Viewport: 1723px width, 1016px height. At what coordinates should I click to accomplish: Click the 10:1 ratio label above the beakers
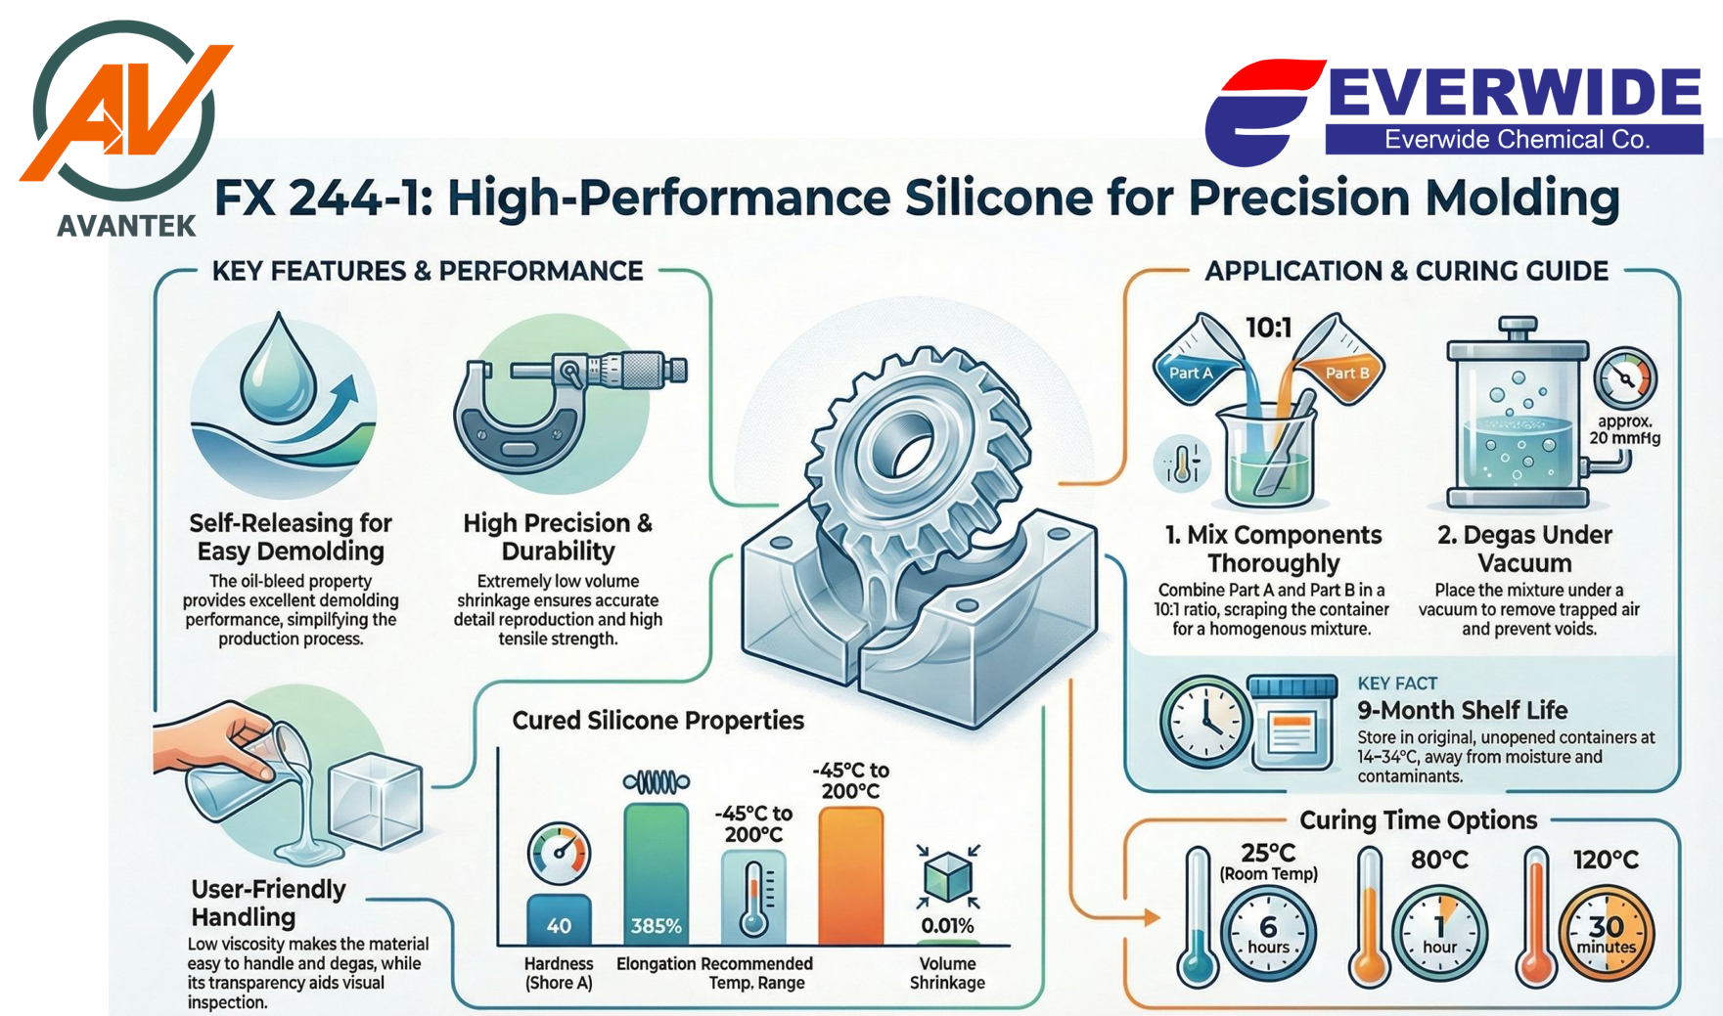coord(1268,328)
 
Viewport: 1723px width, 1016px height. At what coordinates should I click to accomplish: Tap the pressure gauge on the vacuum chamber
coord(1625,377)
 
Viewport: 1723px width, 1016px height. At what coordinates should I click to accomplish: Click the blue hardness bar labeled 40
coord(559,920)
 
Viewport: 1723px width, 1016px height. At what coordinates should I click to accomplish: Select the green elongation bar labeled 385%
coord(656,874)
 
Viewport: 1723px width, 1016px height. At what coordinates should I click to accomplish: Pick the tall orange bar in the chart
coord(850,876)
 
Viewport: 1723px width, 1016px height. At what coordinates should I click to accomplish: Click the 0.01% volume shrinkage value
coord(947,926)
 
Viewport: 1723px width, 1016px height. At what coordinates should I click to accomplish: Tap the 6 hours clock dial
coord(1268,933)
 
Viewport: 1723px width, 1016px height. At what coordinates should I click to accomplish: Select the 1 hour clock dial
coord(1438,934)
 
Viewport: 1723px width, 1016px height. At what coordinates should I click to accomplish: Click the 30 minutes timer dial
coord(1606,934)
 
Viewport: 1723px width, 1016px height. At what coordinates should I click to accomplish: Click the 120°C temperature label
coord(1606,861)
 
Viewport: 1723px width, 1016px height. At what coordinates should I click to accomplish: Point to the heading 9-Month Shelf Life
coord(1462,710)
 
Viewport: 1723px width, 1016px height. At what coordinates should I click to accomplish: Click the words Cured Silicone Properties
coord(657,721)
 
